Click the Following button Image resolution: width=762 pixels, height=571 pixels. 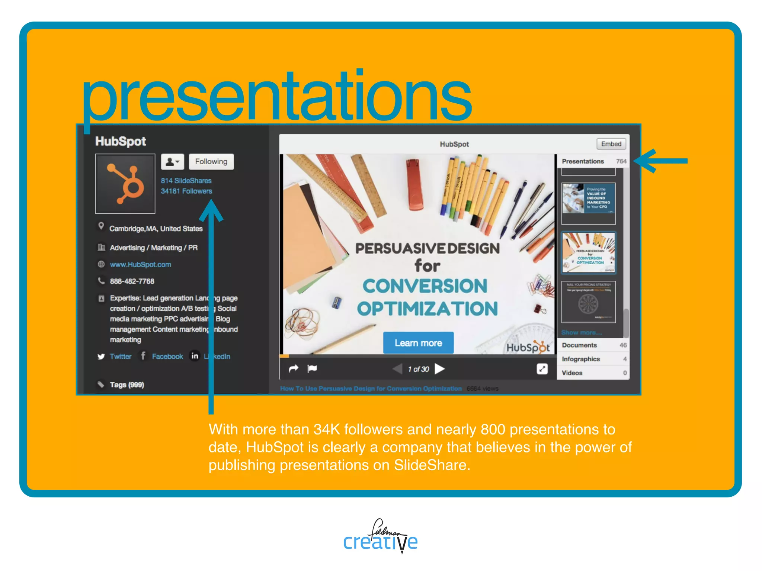click(211, 162)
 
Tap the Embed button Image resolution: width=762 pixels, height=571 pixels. click(611, 144)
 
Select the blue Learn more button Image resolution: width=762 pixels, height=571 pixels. click(418, 343)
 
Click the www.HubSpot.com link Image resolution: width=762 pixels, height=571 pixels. click(140, 265)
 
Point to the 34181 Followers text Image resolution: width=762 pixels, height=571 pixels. click(186, 191)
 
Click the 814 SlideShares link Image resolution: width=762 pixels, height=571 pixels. click(186, 181)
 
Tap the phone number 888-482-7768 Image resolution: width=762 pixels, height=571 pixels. click(132, 281)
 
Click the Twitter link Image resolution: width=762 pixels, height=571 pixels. click(121, 357)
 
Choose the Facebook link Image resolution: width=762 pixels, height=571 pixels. click(167, 357)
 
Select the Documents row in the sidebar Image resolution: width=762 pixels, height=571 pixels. click(579, 345)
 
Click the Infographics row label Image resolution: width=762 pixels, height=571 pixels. click(581, 359)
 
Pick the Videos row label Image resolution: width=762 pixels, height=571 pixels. click(572, 373)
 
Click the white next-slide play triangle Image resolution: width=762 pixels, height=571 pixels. click(440, 369)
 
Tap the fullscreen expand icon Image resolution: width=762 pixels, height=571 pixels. click(542, 369)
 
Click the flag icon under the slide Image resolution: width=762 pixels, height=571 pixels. click(312, 368)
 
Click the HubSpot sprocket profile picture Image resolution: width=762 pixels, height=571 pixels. click(125, 184)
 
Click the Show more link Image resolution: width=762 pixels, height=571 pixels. click(582, 332)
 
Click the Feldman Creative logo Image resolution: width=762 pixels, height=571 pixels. click(380, 536)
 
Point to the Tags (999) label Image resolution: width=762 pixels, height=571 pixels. click(127, 385)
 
